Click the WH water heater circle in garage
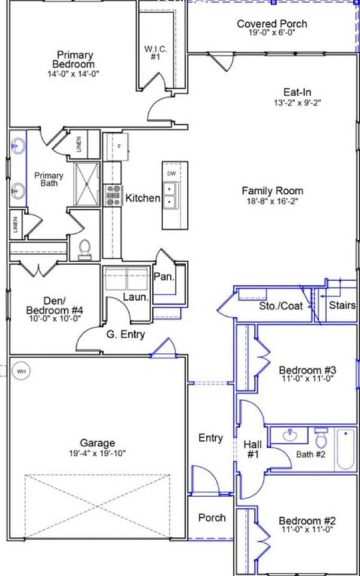(x=22, y=371)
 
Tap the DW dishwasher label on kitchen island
(x=172, y=174)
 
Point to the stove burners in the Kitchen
(x=112, y=196)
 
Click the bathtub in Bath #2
(x=346, y=449)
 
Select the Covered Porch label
(x=272, y=24)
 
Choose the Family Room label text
(x=272, y=191)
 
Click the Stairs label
(x=342, y=305)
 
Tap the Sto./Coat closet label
(x=281, y=306)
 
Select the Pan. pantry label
(x=164, y=277)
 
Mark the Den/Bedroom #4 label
(x=54, y=305)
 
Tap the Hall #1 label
(x=253, y=449)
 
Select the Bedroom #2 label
(x=307, y=521)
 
